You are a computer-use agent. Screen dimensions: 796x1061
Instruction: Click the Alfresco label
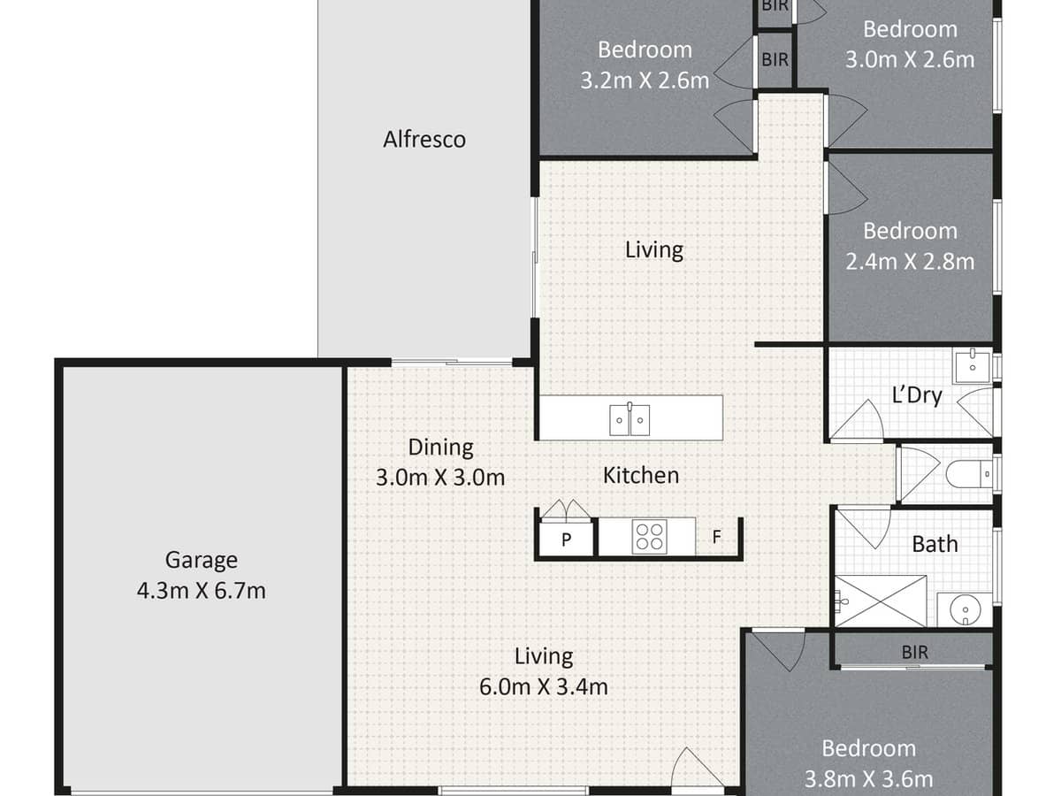coord(424,140)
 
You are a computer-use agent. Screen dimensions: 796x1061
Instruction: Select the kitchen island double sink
coord(630,420)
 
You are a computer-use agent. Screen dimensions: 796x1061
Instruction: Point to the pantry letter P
coord(566,538)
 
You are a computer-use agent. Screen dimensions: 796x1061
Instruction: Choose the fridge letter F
coord(716,536)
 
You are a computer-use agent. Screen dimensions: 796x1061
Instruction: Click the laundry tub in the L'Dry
coord(972,364)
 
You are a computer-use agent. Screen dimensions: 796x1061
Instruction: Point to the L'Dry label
coord(916,395)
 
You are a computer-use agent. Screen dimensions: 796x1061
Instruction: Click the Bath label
coord(935,544)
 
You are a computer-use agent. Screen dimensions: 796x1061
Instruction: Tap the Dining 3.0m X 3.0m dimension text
coord(440,478)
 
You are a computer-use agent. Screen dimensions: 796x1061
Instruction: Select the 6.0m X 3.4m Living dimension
coord(544,685)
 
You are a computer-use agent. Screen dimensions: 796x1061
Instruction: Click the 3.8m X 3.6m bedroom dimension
coord(868,779)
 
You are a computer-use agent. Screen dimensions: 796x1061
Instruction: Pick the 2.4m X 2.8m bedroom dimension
coord(910,262)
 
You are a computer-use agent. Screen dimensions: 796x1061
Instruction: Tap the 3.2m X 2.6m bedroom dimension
coord(645,80)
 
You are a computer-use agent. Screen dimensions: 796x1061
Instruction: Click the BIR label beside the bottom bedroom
coord(914,653)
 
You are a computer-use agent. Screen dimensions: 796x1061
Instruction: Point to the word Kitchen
coord(641,476)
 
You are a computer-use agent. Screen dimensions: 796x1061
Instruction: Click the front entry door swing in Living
coord(689,769)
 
